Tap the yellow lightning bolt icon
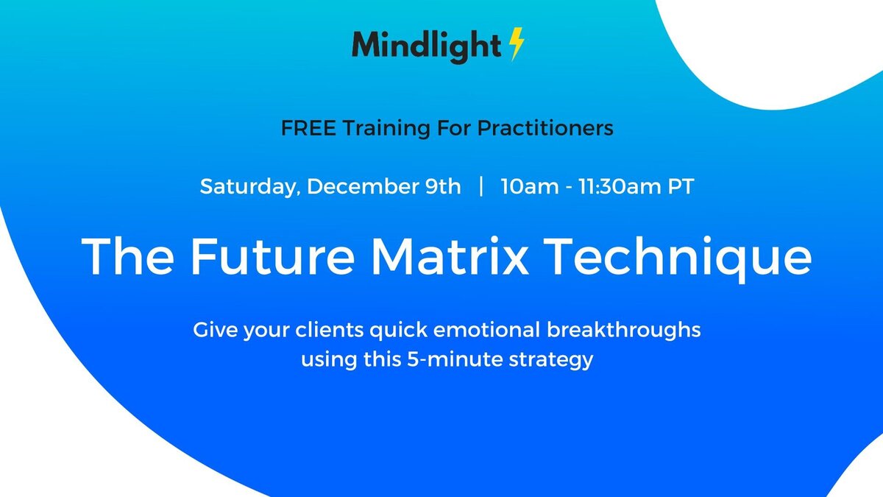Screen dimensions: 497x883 [517, 46]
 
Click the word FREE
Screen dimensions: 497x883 [305, 128]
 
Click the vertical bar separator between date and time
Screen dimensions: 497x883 [480, 187]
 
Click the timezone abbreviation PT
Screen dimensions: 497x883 [680, 187]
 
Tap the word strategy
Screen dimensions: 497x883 [553, 362]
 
